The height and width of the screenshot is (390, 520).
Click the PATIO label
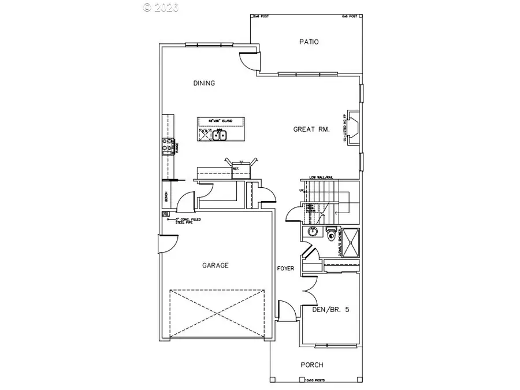[309, 42]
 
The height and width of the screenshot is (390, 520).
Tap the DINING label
[204, 83]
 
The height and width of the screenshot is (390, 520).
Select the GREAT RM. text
[311, 129]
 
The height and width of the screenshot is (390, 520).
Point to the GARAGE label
[215, 266]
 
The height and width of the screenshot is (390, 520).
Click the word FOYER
[285, 269]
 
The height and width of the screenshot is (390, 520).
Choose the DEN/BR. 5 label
[330, 310]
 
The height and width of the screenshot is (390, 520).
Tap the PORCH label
[311, 365]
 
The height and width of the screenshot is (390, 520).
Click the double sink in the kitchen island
[220, 136]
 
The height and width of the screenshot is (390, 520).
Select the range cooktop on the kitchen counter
[168, 147]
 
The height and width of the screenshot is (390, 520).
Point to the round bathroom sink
[313, 232]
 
